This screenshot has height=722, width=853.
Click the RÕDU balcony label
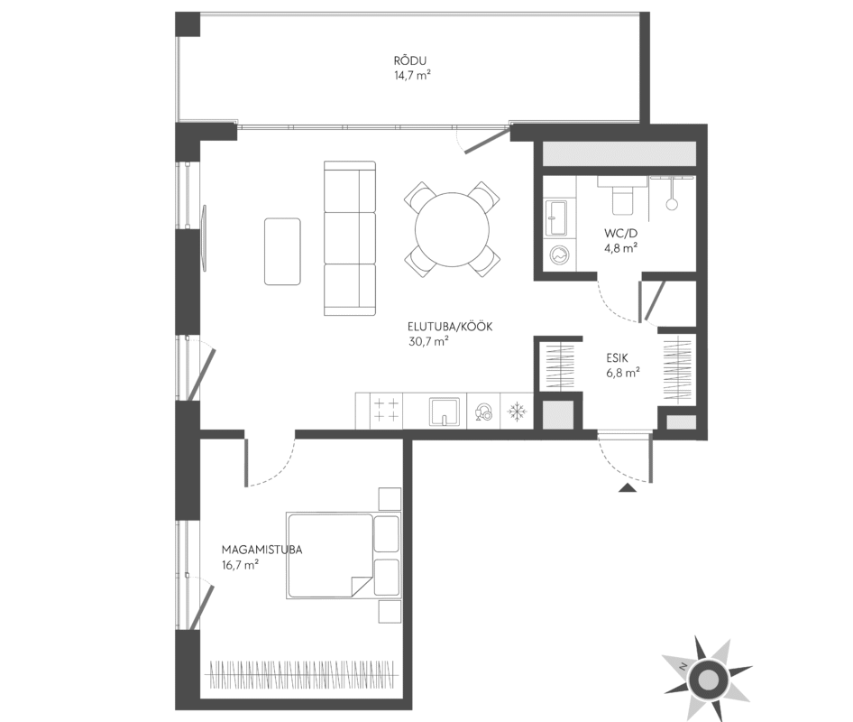tap(410, 60)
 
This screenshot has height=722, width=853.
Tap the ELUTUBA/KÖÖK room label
tap(451, 327)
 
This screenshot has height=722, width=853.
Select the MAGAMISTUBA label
tap(262, 550)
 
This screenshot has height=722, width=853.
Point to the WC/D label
tap(620, 234)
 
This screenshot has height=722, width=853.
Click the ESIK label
tap(618, 358)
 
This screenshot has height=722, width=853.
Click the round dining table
tap(452, 229)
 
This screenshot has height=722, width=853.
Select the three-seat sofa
tap(350, 238)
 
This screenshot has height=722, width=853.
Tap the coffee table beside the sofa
tap(282, 251)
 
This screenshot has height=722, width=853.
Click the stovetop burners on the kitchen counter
tap(386, 410)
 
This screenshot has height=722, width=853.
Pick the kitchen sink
tap(445, 412)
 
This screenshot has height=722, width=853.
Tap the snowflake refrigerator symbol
tap(516, 412)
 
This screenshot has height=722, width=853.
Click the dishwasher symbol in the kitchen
tap(483, 412)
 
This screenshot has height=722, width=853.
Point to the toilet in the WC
tap(622, 196)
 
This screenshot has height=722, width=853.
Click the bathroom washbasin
tap(556, 218)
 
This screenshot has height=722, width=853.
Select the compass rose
tap(707, 678)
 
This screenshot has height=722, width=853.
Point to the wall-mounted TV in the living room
tap(205, 237)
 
